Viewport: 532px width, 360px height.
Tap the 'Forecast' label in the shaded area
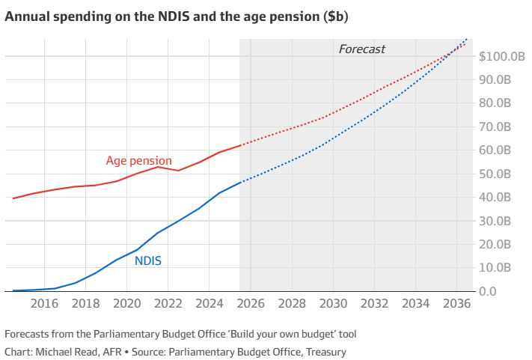(361, 49)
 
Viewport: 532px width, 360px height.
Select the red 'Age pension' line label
(138, 160)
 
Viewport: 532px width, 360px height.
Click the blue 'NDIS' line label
(148, 261)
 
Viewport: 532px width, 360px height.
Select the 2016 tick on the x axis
(44, 304)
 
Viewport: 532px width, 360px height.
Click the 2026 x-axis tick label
(251, 304)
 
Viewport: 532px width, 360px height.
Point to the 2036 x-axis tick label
(456, 304)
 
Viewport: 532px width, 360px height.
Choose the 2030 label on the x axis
(333, 304)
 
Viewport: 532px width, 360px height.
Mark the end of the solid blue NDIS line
(239, 183)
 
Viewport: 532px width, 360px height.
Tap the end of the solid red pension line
(239, 145)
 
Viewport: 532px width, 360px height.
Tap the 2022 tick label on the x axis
(168, 304)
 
